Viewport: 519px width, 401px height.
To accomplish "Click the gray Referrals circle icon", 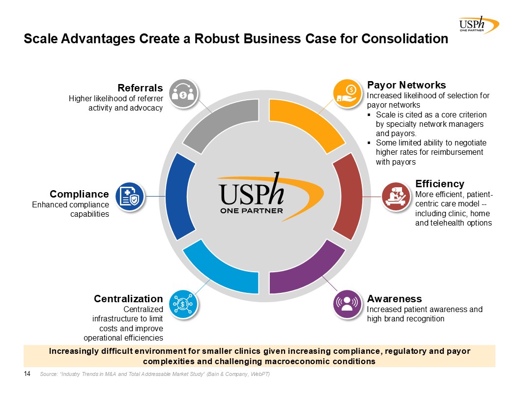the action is [183, 93].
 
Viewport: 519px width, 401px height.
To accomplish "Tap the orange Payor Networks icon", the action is [347, 93].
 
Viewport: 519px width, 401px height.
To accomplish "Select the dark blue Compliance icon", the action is [130, 197].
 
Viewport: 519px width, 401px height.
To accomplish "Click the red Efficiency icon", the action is [396, 197].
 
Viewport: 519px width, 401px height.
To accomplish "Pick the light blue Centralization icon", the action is [183, 304].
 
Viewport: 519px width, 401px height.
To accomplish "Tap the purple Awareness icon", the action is [347, 304].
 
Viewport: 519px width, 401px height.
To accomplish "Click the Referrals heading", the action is [140, 88].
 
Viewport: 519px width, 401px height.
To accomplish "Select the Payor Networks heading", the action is [406, 85].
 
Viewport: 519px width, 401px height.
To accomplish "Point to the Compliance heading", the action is [79, 194].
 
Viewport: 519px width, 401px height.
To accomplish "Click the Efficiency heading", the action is [439, 184].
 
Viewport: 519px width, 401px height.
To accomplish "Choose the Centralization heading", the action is [128, 299].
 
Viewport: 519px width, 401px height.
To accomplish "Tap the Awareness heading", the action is [394, 299].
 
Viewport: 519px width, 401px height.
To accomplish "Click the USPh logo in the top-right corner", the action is [479, 25].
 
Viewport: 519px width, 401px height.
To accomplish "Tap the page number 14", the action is [27, 374].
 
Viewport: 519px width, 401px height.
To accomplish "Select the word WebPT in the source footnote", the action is [260, 374].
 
